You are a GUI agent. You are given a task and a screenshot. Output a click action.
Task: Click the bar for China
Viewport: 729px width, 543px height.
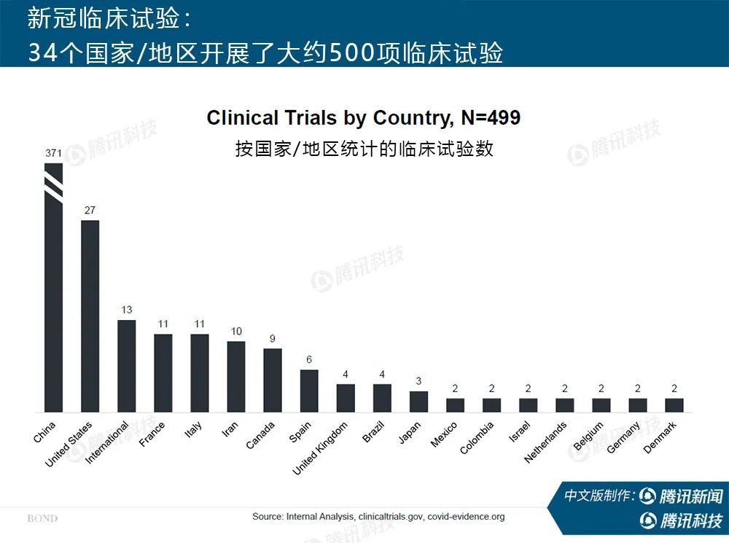point(54,306)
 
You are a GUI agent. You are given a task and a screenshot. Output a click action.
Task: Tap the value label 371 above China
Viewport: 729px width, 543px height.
point(53,154)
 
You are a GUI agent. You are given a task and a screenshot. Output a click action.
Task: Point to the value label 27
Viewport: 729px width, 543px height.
point(90,211)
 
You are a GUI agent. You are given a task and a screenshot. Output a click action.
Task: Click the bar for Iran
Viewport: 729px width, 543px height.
point(236,376)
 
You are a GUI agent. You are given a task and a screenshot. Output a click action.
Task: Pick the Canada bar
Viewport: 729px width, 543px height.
point(273,380)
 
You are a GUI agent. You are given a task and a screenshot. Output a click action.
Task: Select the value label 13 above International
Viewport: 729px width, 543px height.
point(126,310)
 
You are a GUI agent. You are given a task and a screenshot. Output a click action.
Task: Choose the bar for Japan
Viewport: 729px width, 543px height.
point(418,402)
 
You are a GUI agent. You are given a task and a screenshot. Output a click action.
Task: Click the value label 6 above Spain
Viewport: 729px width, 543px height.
point(309,360)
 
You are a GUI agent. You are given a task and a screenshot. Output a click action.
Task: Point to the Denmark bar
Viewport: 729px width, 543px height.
point(674,405)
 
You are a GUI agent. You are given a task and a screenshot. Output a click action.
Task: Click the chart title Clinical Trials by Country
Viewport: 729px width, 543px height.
point(363,118)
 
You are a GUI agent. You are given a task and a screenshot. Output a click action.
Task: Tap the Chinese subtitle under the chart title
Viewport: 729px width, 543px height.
point(364,149)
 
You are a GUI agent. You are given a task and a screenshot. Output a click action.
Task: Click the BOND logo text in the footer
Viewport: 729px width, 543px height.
point(42,519)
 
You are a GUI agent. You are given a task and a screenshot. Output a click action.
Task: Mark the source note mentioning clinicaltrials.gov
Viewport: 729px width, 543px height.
point(378,517)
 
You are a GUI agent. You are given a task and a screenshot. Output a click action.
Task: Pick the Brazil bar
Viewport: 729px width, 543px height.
point(382,398)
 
